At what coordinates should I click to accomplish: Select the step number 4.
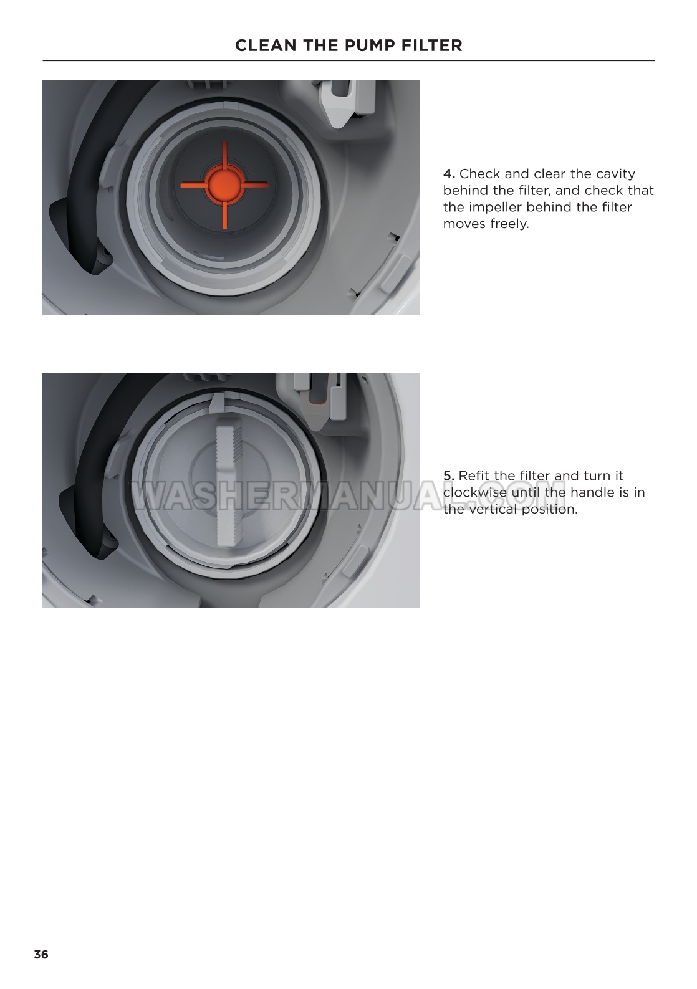point(449,174)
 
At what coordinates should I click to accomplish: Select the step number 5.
point(449,476)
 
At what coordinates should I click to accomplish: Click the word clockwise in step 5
point(475,492)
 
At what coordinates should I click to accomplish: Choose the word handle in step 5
point(589,492)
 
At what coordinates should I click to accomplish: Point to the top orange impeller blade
point(224,155)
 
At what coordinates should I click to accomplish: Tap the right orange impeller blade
point(254,184)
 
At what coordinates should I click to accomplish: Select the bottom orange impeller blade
point(224,215)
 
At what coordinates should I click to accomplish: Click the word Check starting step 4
point(479,174)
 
